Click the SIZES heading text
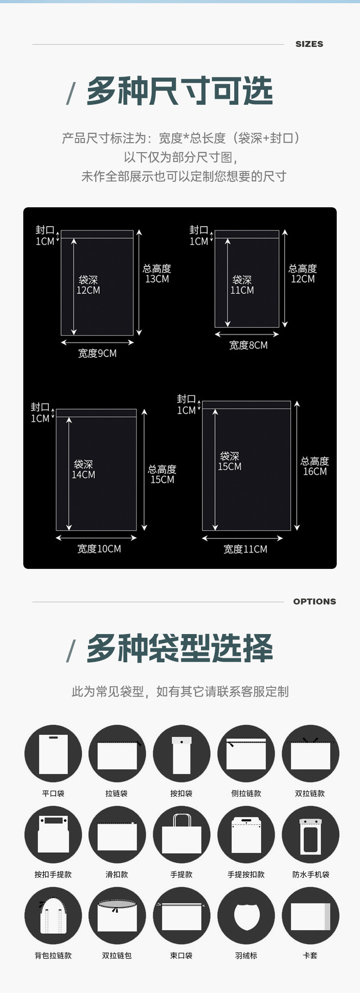pos(309,44)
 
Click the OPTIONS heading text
pos(314,601)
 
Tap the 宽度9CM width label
pos(97,353)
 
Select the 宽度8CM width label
pos(248,345)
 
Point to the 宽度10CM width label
pos(99,549)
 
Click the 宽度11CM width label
pos(245,549)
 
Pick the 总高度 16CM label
pos(315,466)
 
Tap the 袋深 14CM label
pos(83,469)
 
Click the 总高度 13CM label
pos(157,274)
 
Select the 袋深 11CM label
pos(242,285)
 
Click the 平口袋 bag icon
pos(53,754)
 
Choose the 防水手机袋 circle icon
pos(310,835)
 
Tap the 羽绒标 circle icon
pos(246,916)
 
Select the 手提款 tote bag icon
pos(181,835)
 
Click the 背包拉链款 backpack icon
pos(53,916)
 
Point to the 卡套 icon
pos(310,916)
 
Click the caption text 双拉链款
pos(310,793)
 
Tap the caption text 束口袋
pos(181,956)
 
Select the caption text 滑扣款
pos(117,875)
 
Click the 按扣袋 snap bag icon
pos(181,754)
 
